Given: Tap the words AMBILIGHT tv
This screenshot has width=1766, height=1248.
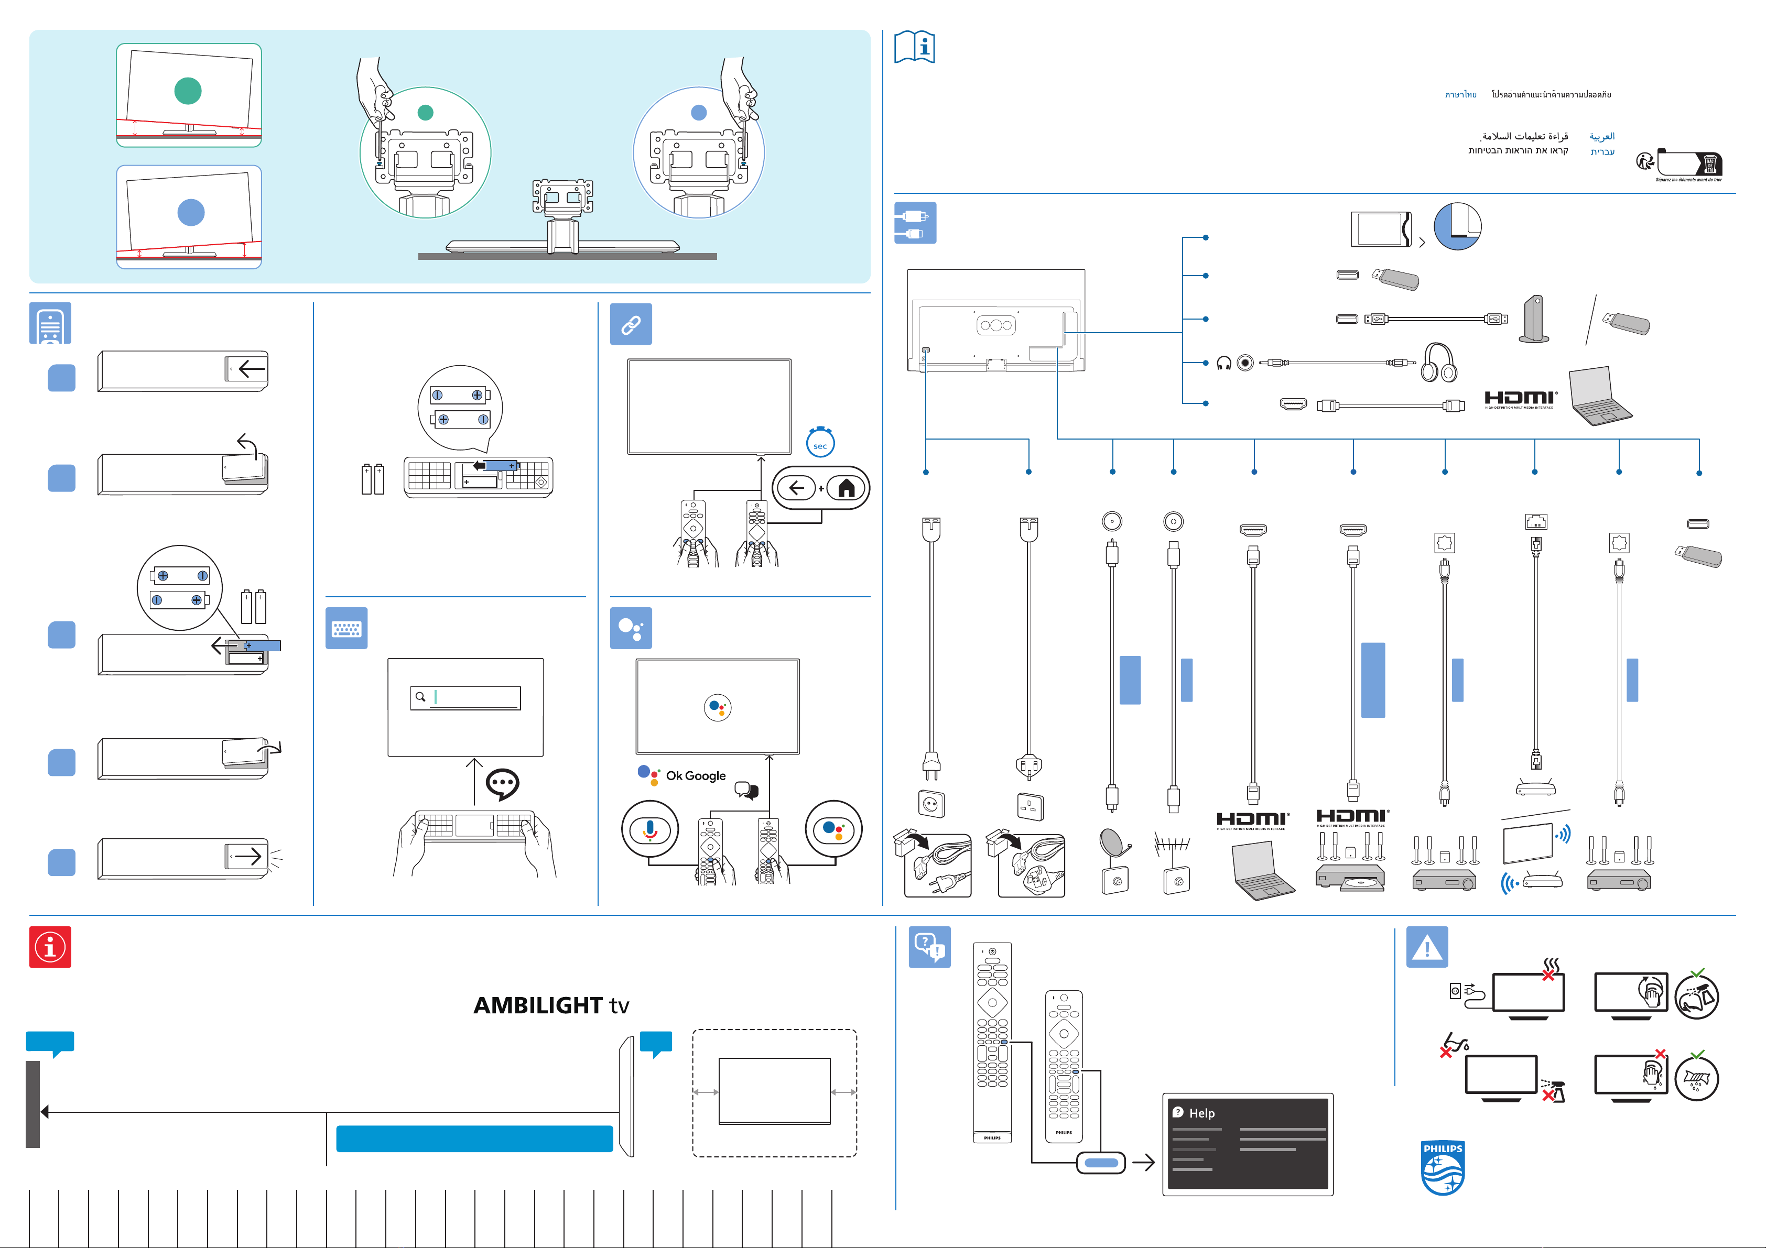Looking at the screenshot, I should (551, 1005).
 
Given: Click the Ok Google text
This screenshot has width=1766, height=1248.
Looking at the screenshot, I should (695, 776).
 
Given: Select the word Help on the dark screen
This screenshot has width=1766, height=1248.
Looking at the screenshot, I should (1201, 1113).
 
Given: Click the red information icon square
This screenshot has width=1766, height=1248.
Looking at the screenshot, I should (50, 947).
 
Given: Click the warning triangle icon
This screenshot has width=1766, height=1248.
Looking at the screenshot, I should (1427, 947).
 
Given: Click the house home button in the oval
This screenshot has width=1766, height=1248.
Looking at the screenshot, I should (846, 487).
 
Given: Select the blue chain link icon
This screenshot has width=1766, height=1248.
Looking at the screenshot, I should (631, 324).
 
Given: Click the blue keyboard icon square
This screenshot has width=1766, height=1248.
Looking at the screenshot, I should (346, 628).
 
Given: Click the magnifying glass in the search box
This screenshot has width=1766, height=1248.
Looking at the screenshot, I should (420, 697).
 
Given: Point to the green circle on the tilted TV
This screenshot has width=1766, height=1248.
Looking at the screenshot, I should (188, 91).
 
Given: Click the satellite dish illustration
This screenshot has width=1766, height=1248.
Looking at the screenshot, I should (1113, 844).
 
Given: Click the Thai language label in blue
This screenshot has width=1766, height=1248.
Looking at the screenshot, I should (1460, 95).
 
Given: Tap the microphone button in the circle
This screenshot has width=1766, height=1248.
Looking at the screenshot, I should (650, 829).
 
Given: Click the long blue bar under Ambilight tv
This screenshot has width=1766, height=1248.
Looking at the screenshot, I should (474, 1138).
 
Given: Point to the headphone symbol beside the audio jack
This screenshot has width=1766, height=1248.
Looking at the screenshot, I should (1224, 363).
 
